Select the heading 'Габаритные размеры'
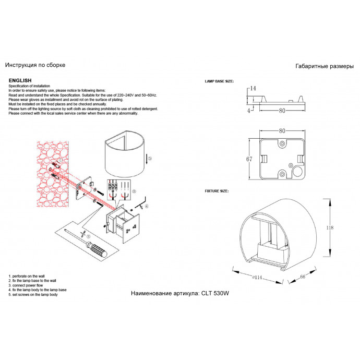pyautogui.click(x=325, y=66)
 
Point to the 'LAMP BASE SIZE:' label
pyautogui.click(x=219, y=82)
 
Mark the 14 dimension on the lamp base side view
pyautogui.click(x=253, y=89)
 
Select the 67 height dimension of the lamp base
pyautogui.click(x=249, y=159)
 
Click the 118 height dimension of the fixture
pyautogui.click(x=338, y=227)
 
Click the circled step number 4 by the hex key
pyautogui.click(x=147, y=206)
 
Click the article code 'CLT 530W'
pyautogui.click(x=214, y=294)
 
